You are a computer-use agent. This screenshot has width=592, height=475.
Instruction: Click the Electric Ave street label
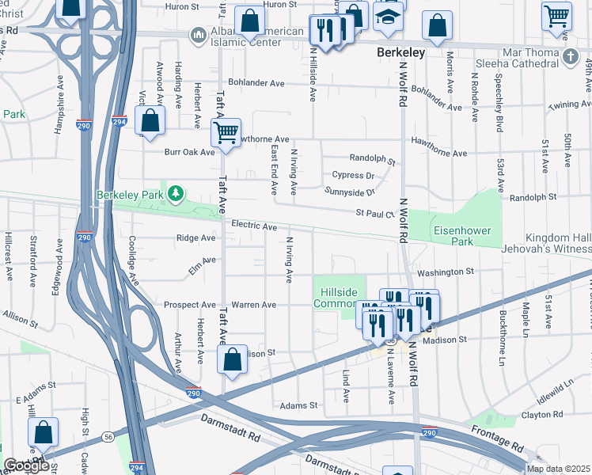tap(254, 226)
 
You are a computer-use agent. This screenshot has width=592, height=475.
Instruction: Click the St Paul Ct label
tap(374, 213)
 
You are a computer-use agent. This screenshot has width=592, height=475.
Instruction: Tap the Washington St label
tap(445, 272)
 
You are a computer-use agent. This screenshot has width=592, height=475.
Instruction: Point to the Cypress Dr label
tap(353, 175)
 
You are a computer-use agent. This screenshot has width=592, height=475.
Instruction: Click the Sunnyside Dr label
tap(348, 191)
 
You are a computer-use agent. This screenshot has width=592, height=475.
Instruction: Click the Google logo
tap(26, 465)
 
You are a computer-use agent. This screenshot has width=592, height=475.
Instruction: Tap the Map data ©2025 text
tap(558, 469)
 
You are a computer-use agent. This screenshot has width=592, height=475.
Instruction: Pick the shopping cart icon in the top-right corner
tap(556, 15)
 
